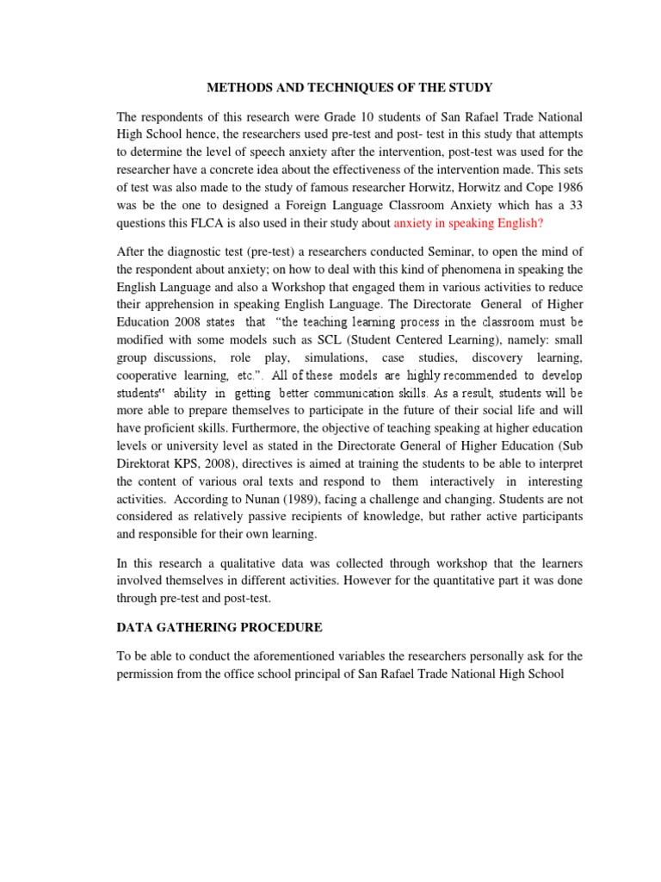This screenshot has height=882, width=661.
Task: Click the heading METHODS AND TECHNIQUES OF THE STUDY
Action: point(348,87)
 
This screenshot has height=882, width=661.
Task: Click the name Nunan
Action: point(281,497)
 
